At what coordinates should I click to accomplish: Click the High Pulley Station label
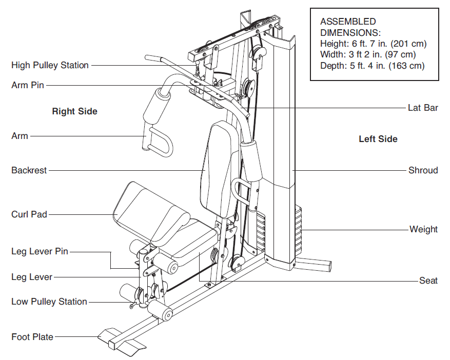[50, 65]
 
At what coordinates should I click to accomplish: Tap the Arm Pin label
[28, 86]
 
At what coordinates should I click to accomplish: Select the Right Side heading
[74, 111]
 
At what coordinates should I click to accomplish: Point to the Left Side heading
[378, 138]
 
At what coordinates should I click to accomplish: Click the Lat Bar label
[423, 108]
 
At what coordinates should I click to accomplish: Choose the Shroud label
[423, 170]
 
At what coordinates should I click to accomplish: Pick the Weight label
[423, 229]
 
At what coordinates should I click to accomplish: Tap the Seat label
[428, 281]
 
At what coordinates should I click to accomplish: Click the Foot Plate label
[32, 337]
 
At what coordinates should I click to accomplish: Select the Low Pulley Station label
[49, 302]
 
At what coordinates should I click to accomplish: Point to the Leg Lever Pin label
[40, 251]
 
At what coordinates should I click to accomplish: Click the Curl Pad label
[29, 214]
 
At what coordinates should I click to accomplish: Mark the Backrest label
[29, 170]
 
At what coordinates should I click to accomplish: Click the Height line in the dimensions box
[373, 44]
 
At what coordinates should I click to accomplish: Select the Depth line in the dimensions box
[373, 66]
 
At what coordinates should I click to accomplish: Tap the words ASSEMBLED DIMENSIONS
[347, 27]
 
